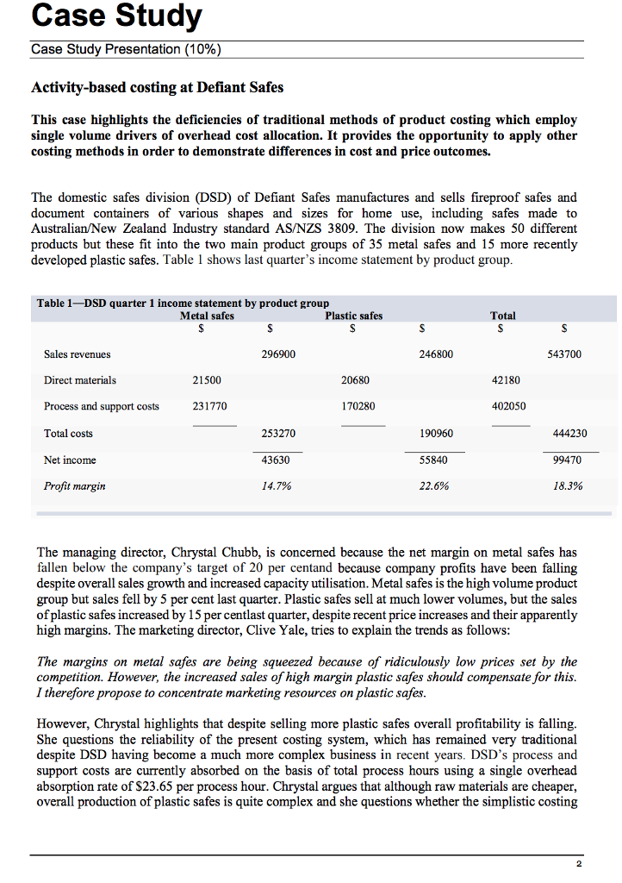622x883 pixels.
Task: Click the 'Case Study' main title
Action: (x=116, y=16)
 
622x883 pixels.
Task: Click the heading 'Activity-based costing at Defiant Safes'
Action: (x=157, y=87)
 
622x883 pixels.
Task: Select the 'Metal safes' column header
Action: (x=207, y=316)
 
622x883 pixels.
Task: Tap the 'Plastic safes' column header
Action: (x=353, y=316)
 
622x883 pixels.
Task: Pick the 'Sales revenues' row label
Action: (x=77, y=354)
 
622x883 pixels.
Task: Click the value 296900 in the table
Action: (x=277, y=354)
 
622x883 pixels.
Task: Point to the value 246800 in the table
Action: (x=436, y=354)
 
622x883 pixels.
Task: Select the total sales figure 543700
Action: (x=564, y=354)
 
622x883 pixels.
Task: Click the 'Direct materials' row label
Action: (x=80, y=379)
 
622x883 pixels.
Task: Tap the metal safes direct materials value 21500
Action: (x=207, y=379)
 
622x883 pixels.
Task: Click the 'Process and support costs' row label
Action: (x=102, y=406)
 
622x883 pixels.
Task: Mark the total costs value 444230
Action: (x=564, y=434)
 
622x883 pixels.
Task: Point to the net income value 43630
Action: (x=277, y=460)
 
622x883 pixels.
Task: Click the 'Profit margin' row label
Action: (x=75, y=486)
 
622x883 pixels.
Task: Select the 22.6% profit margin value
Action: (x=433, y=486)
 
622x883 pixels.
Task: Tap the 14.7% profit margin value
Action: (x=277, y=486)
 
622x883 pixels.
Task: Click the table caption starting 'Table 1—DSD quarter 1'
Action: (x=183, y=303)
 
